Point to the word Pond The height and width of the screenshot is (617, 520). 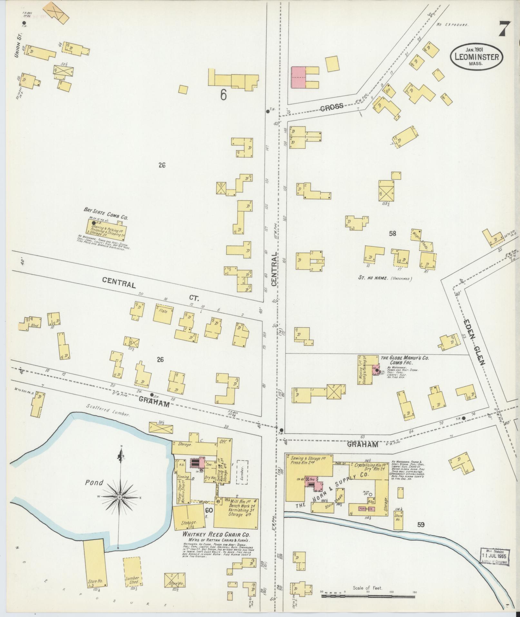pos(94,483)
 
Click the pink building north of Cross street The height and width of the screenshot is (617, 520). pos(298,77)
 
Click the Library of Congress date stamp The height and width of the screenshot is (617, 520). pos(494,557)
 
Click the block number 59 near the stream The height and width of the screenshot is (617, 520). pos(421,525)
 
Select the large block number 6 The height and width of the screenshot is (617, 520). pos(223,95)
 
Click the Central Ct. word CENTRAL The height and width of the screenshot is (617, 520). pos(118,283)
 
